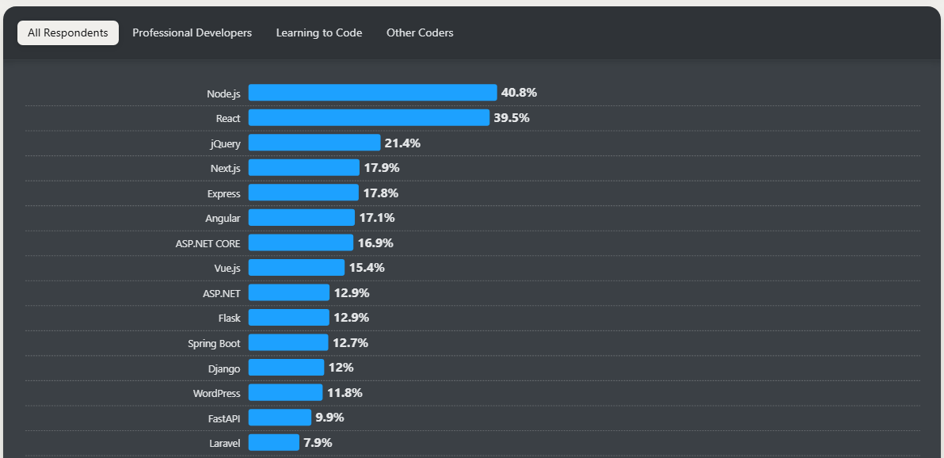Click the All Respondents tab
pos(68,33)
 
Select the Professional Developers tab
pos(192,33)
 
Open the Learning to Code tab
pos(319,33)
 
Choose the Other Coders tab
pos(420,33)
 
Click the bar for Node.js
pos(372,93)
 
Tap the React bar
pos(368,118)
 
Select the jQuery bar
pos(314,143)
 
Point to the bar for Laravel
pos(273,442)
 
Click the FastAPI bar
pos(280,418)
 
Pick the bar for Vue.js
pos(296,268)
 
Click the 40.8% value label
pos(519,93)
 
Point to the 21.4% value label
pos(402,143)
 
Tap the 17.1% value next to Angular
pos(377,218)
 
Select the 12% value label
pos(341,368)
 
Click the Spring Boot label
pos(214,343)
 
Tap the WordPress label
pos(216,393)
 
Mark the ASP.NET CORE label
pos(207,243)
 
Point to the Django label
pos(223,368)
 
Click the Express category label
pos(223,193)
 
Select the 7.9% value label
pos(318,442)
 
